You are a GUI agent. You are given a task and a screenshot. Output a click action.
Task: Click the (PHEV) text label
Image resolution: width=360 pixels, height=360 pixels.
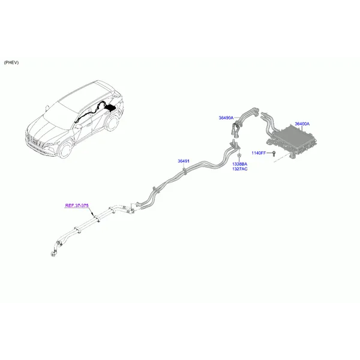pos(11,62)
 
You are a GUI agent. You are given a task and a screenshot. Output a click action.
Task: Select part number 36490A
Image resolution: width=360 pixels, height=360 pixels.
pos(226,118)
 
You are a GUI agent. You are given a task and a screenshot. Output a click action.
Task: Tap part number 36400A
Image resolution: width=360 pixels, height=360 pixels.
pos(302,124)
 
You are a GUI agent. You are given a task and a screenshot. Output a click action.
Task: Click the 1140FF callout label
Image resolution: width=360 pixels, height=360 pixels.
pos(259,153)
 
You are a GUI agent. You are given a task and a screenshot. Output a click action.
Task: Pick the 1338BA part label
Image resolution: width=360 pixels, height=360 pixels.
pos(239,164)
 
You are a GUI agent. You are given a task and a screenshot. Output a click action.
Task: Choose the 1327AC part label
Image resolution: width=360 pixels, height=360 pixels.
pos(239,169)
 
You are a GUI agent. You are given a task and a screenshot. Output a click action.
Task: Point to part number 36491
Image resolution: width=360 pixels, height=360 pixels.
pos(184,161)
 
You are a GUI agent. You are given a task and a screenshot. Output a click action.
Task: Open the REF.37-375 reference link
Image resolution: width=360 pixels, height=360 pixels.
pos(77,205)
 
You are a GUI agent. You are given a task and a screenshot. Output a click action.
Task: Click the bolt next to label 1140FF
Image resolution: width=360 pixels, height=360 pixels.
pos(274,154)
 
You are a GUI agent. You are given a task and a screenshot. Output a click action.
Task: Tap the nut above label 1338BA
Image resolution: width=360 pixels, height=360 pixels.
pos(239,156)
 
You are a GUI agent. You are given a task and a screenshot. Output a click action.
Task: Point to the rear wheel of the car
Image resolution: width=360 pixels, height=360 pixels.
pos(112,123)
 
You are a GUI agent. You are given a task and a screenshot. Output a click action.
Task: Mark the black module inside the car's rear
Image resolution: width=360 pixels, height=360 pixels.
pos(110,107)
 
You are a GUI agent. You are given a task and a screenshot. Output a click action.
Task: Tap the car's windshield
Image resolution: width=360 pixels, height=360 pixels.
pos(60,111)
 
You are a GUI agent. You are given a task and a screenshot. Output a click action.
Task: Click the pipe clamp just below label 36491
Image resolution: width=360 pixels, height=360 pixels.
pos(185,171)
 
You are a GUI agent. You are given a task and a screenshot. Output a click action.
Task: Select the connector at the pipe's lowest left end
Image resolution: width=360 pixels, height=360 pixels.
pos(53,254)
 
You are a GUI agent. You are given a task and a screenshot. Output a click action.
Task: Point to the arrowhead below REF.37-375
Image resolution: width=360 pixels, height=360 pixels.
pos(92,214)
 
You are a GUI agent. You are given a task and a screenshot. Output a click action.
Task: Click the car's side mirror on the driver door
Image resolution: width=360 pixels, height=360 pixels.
pos(78,127)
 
